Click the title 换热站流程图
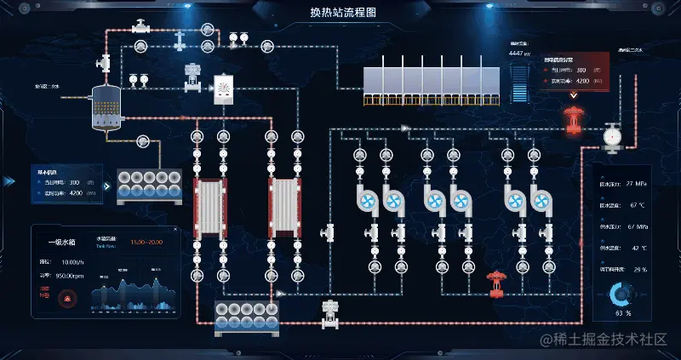pyautogui.click(x=340, y=13)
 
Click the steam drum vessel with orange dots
pyautogui.click(x=106, y=108)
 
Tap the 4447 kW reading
pyautogui.click(x=519, y=53)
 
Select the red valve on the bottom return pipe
pyautogui.click(x=495, y=283)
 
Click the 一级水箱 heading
pyautogui.click(x=63, y=242)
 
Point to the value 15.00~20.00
pyautogui.click(x=148, y=243)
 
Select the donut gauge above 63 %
pyautogui.click(x=622, y=294)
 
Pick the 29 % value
pyautogui.click(x=639, y=269)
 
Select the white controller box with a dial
pyautogui.click(x=224, y=89)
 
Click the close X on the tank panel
pyautogui.click(x=175, y=230)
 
